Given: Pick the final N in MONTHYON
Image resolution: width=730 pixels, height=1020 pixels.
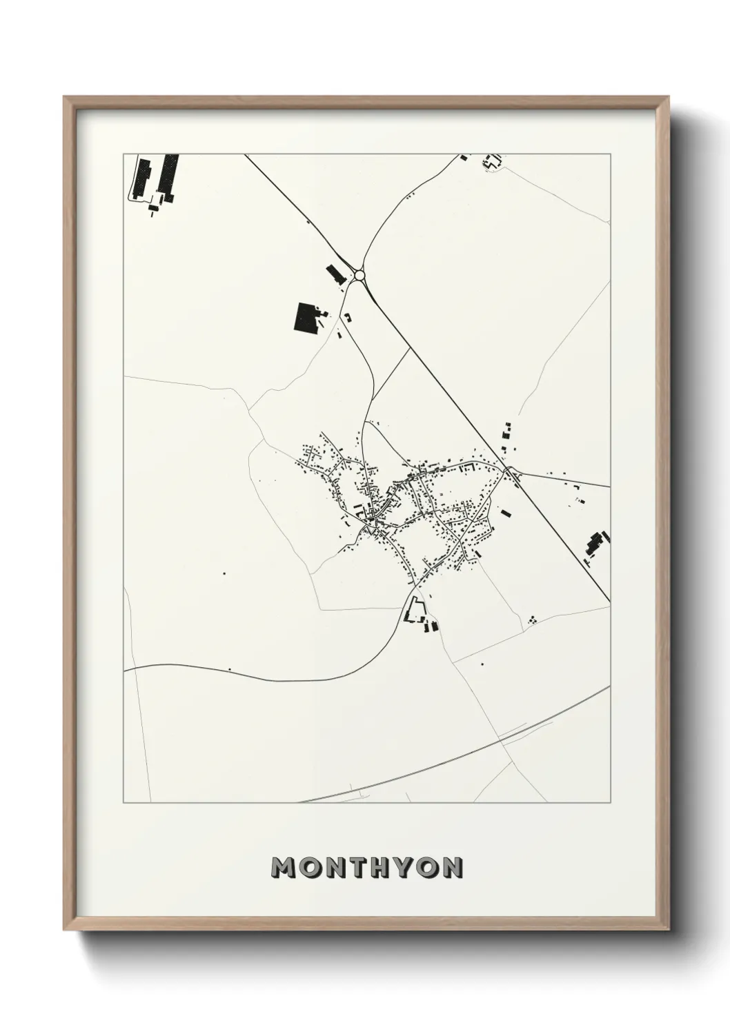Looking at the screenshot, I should pos(452,868).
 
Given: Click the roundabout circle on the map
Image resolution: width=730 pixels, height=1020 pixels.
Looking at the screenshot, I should pos(359,276).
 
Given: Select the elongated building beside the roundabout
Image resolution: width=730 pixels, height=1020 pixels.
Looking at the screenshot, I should pos(335,274).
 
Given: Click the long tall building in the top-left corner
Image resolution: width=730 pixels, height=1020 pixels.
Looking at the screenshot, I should pos(144,178).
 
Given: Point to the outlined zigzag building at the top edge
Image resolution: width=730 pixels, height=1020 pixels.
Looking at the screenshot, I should pos(492,163).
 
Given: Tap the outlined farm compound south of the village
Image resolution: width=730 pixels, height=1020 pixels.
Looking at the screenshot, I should pos(416,611).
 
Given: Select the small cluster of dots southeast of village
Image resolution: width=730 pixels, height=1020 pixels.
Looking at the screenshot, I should pos(532,620).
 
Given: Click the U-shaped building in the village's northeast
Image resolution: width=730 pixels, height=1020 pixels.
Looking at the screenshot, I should pos(468,468).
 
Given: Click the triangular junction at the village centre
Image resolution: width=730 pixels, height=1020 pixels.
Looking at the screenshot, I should pos(373,528).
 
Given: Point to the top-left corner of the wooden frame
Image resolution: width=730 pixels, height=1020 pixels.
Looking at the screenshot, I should pos(66,98).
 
